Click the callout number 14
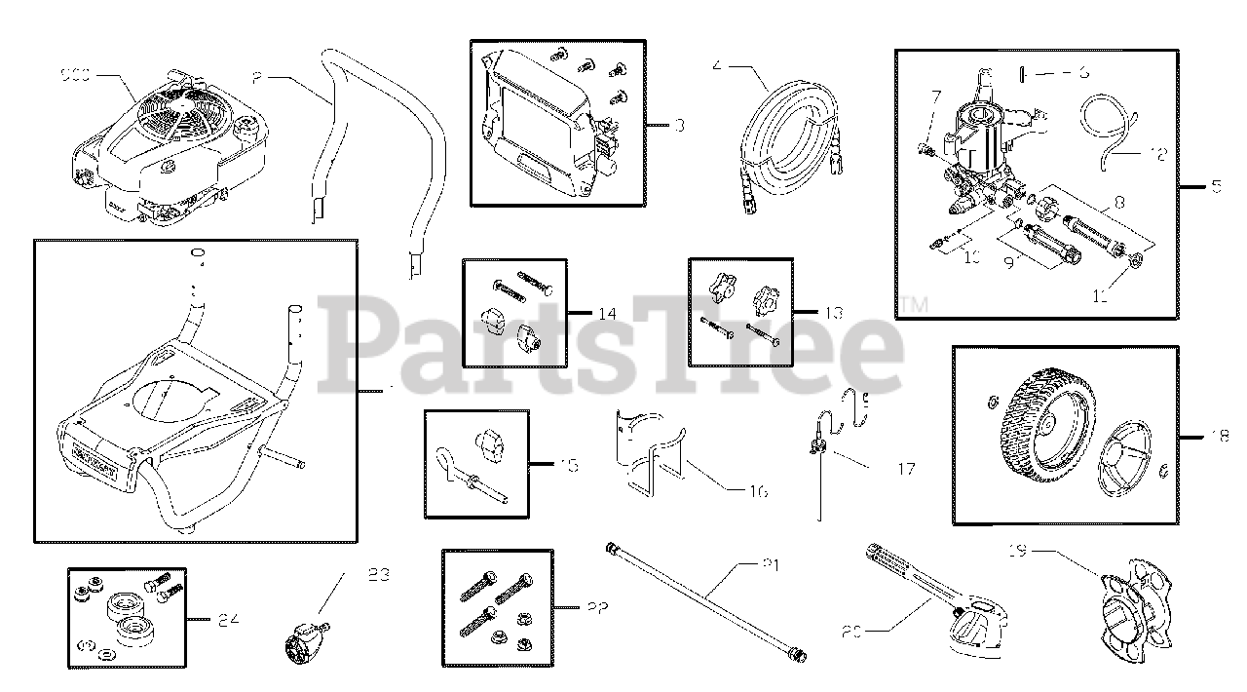607,313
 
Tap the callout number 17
905,469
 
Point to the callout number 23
378,574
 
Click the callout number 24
227,618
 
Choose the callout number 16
757,491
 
